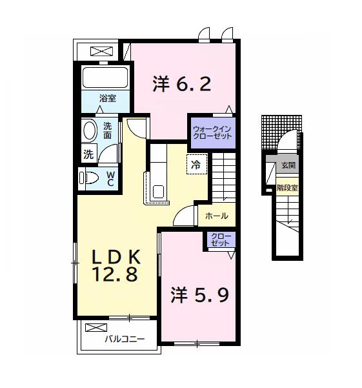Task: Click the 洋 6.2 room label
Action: tap(182, 85)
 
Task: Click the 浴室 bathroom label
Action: tap(107, 98)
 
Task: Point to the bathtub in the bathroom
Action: tap(106, 78)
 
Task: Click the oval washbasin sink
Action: tap(90, 131)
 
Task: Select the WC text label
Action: tap(110, 178)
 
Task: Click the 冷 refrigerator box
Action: tap(195, 163)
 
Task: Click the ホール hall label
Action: tap(216, 216)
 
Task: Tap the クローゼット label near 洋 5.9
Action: tap(219, 241)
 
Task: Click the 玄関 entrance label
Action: tap(287, 165)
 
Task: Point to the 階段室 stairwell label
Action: tap(287, 188)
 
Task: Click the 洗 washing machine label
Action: tap(88, 154)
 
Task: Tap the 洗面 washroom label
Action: tap(108, 131)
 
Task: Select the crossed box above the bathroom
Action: tap(100, 51)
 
